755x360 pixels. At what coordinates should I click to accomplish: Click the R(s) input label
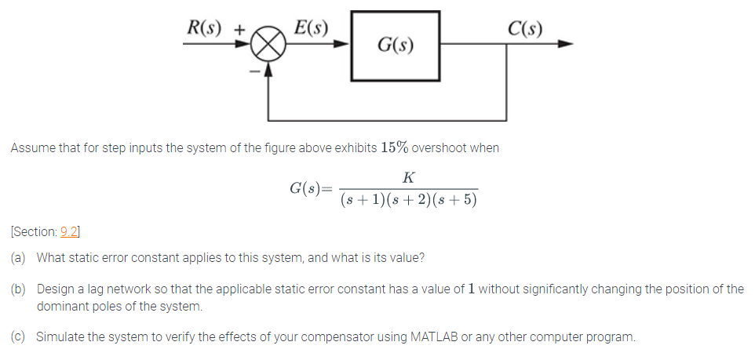(x=204, y=26)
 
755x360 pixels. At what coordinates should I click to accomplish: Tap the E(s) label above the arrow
(x=310, y=26)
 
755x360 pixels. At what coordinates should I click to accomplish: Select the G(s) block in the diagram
(x=395, y=45)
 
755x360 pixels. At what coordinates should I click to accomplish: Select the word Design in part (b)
(x=54, y=289)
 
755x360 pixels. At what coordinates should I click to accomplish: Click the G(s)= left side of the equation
(x=311, y=188)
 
